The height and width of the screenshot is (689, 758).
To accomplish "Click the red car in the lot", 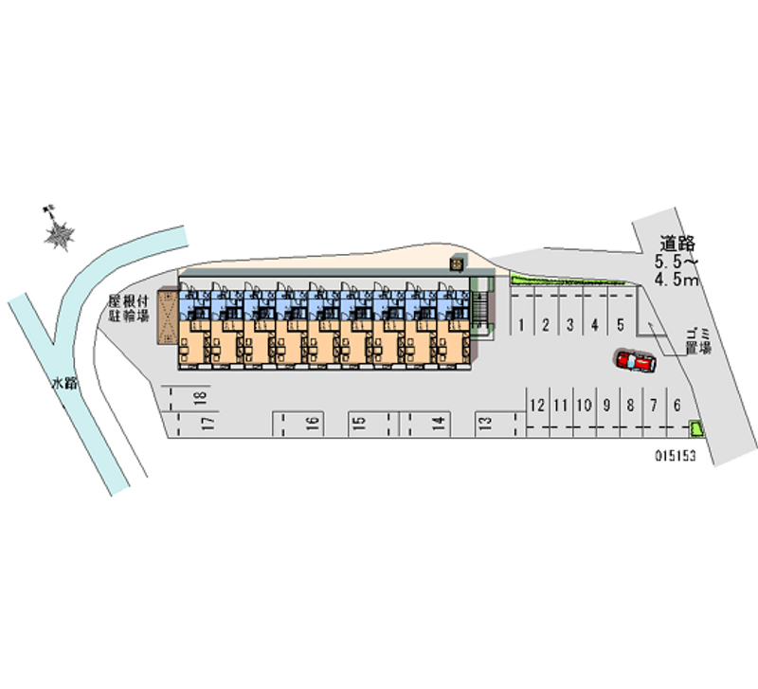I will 635,361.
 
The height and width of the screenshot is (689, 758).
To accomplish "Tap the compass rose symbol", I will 61,232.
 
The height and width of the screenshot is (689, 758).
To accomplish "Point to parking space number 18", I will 200,398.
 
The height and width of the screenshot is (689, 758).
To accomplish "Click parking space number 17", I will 208,423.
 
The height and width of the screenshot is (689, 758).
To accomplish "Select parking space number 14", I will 439,424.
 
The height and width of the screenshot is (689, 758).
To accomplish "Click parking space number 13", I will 484,424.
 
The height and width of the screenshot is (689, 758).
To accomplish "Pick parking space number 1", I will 523,325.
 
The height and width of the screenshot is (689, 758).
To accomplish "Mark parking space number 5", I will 620,325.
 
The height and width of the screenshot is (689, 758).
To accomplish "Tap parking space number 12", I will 537,406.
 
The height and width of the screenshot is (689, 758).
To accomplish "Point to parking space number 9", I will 607,406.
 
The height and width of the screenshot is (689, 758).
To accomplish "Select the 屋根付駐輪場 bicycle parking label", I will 129,309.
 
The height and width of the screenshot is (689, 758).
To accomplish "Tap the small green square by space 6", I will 697,427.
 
